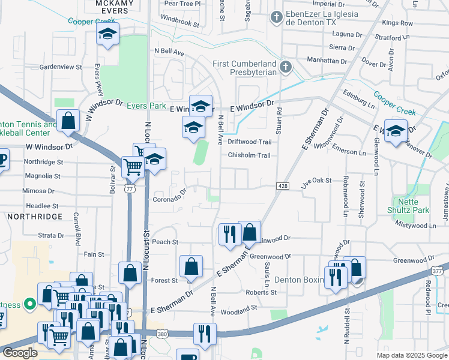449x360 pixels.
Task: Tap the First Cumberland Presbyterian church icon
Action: point(286,67)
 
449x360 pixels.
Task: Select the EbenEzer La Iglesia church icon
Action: point(276,16)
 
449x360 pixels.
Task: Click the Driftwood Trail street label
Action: point(249,142)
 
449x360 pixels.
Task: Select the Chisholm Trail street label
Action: point(249,155)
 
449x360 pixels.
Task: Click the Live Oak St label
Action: point(316,181)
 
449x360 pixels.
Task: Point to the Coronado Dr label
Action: point(170,199)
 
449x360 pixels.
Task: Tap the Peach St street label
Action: point(166,242)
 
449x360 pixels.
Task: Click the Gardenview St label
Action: point(60,67)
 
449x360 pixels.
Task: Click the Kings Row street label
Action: point(397,23)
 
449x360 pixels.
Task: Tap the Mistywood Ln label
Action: point(415,225)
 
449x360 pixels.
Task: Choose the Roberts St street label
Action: point(261,292)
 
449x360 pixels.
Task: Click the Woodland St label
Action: point(238,307)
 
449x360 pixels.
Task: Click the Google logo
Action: point(19,353)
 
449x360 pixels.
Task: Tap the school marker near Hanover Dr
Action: point(396,131)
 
